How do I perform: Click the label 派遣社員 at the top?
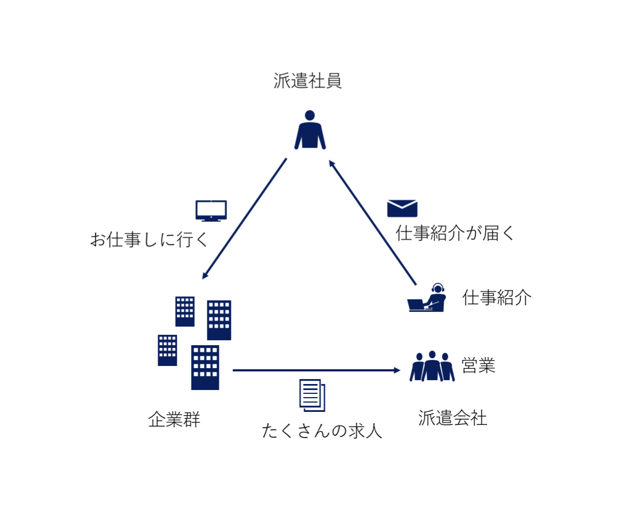point(307,82)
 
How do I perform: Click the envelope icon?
point(402,208)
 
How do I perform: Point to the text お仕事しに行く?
point(149,240)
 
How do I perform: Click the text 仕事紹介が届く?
point(455,234)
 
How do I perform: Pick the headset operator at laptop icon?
point(427,298)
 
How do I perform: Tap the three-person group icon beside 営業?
point(432,366)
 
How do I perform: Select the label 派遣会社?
point(452,418)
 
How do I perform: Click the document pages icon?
point(312,395)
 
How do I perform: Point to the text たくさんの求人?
point(322,431)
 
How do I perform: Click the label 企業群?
point(174,420)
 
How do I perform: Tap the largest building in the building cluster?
point(205,368)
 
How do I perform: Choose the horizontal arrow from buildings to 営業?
point(316,370)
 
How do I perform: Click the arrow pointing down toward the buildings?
point(244,219)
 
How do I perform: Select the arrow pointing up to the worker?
point(373,222)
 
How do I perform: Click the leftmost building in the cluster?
point(167,350)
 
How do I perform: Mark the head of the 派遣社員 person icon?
point(310,115)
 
